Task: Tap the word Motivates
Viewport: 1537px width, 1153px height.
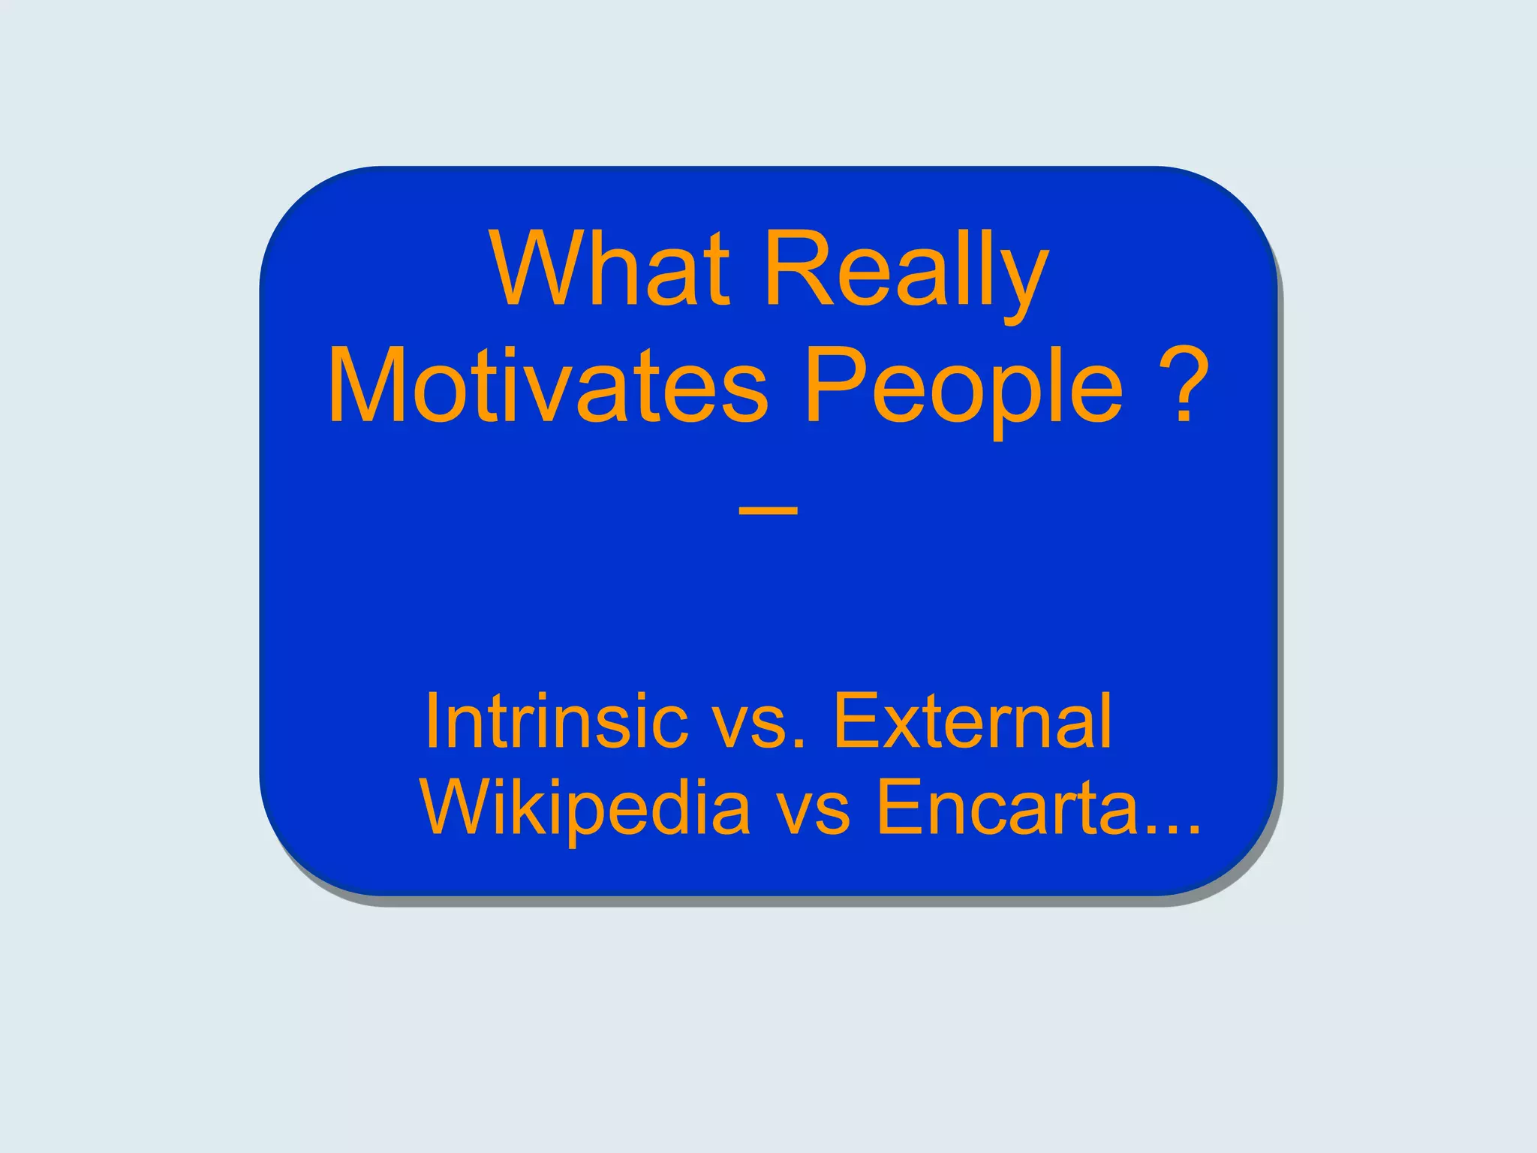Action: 549,387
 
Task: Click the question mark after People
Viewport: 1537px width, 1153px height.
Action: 1185,384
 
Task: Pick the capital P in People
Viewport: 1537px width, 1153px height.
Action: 832,387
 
